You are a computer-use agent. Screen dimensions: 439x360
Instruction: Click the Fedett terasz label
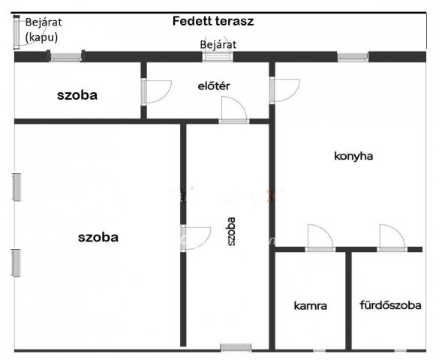click(x=213, y=21)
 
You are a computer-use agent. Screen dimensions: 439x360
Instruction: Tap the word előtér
click(x=214, y=85)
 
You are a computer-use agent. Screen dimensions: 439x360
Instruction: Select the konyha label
click(x=353, y=156)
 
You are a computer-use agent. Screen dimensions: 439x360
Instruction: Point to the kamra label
click(x=310, y=305)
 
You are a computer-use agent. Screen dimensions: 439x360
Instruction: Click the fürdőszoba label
click(x=390, y=305)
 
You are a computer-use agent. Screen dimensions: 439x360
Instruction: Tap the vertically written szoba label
click(x=231, y=232)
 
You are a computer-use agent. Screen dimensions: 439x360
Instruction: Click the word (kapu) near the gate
click(x=42, y=37)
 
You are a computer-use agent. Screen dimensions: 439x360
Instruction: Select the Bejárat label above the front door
click(x=218, y=45)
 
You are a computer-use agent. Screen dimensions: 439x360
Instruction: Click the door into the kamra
click(x=320, y=238)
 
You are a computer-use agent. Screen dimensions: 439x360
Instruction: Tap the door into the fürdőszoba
click(x=392, y=238)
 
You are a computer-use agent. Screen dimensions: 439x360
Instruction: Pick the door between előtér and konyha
click(x=284, y=91)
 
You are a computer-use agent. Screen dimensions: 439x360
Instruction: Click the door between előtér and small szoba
click(x=156, y=92)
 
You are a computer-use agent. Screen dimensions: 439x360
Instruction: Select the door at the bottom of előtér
click(x=234, y=110)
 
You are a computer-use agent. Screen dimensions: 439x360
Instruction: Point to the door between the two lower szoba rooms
click(x=196, y=238)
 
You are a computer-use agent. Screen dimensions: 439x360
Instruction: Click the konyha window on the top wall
click(x=353, y=57)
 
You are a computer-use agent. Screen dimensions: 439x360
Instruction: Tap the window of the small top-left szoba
click(x=66, y=56)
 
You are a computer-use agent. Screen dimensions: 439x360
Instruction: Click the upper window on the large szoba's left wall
click(x=17, y=187)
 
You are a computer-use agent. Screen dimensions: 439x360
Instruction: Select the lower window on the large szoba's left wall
click(x=16, y=263)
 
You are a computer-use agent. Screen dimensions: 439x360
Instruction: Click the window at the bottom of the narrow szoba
click(x=236, y=347)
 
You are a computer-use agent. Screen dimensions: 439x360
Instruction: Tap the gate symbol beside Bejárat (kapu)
click(x=17, y=32)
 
